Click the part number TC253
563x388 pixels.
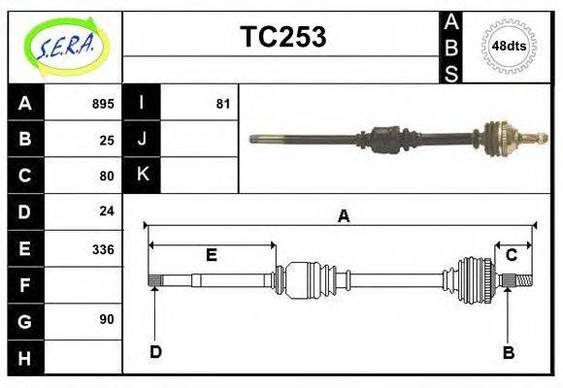tap(283, 37)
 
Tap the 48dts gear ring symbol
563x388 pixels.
tap(509, 47)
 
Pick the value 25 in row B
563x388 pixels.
tap(107, 140)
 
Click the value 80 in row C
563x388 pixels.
tap(107, 177)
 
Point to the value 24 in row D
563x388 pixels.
tap(107, 210)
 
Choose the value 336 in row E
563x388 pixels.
tap(103, 249)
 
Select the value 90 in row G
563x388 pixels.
tap(107, 319)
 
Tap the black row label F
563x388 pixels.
tap(25, 285)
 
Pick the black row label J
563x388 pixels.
tap(142, 140)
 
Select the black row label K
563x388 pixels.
tap(142, 175)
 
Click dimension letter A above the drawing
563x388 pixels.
tap(343, 216)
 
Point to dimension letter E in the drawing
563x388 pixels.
tap(212, 255)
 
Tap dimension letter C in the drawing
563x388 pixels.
tap(511, 254)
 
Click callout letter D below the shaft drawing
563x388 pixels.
tap(155, 352)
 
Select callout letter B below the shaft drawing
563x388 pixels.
tap(508, 352)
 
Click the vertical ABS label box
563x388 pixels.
tap(451, 47)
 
